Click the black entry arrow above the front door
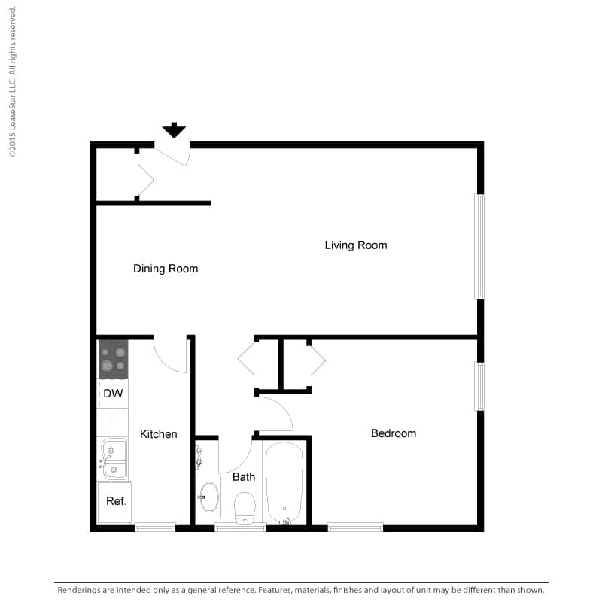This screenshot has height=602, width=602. coord(174,130)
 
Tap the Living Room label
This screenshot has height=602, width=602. coord(356,245)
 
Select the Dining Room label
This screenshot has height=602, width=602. coord(166,269)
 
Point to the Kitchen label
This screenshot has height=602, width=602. coord(159,434)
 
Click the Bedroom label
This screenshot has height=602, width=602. coord(394,433)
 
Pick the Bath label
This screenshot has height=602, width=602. coord(244,477)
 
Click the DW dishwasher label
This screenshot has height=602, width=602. coord(113,394)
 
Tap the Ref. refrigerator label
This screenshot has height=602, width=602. coord(116,501)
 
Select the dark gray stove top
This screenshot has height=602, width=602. coord(114,360)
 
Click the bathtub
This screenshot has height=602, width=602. coord(284,483)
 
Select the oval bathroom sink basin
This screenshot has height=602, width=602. coord(209,497)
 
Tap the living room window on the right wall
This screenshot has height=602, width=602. coord(479,247)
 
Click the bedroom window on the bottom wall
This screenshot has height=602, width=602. coord(355,528)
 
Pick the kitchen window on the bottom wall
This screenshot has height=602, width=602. coord(155,528)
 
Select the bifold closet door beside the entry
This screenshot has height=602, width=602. coord(146,180)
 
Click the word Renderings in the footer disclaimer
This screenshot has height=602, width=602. coord(79,590)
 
